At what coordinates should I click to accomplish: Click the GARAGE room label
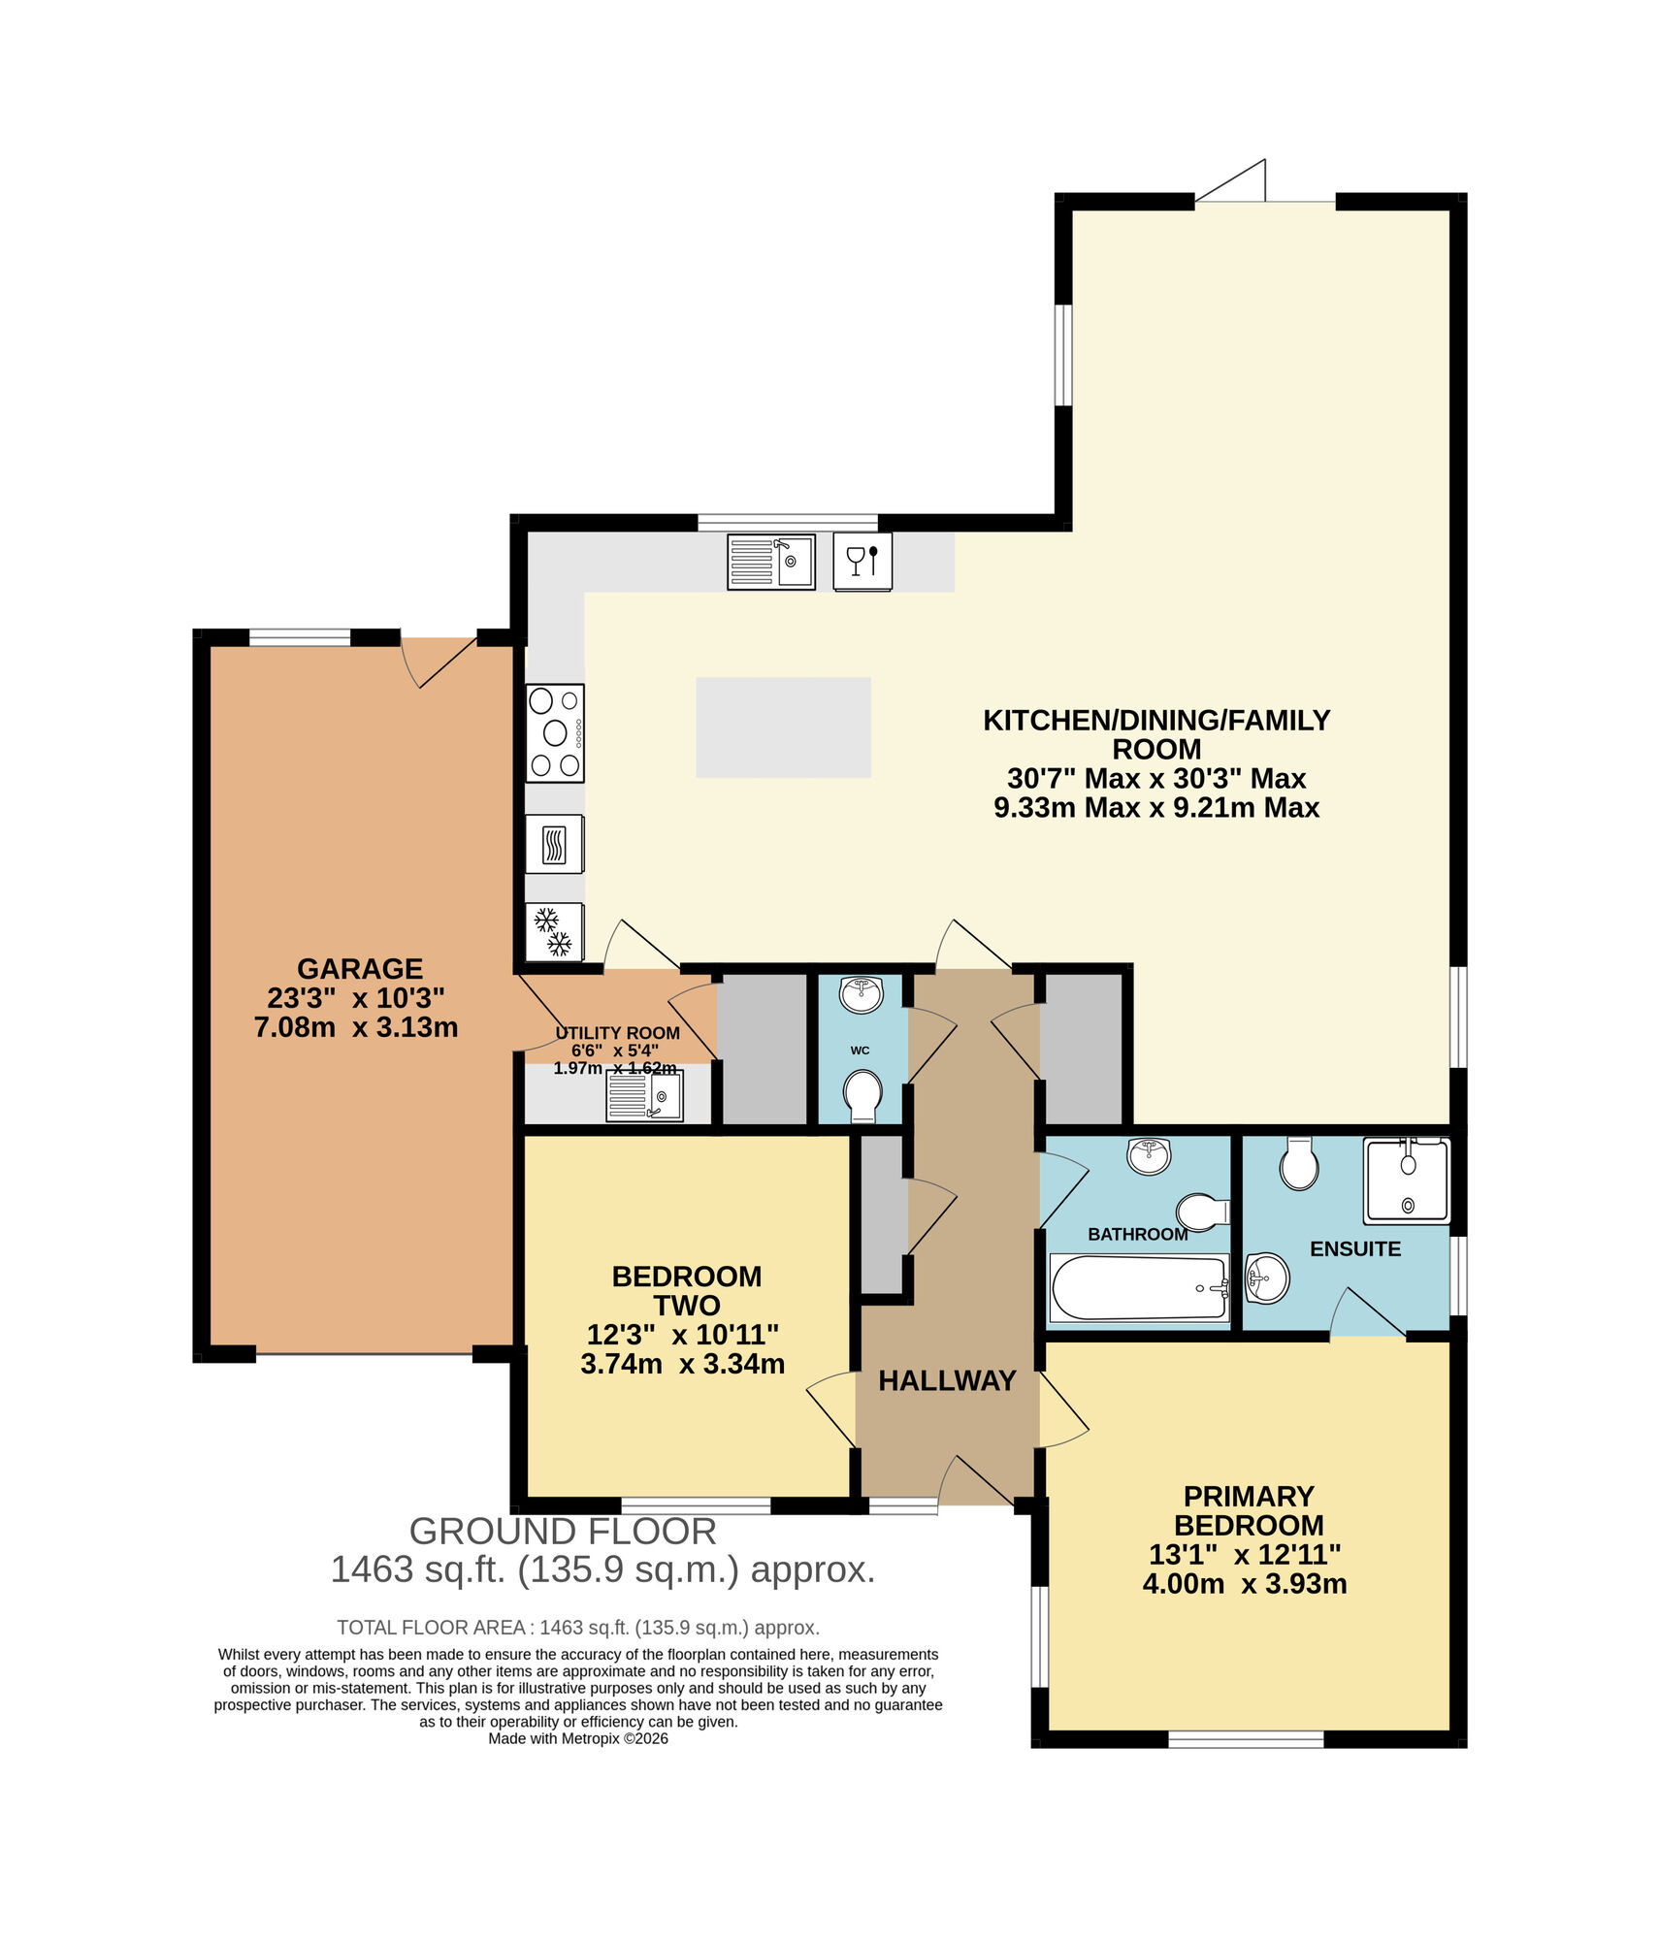click(x=359, y=968)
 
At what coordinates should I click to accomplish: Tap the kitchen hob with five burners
click(x=555, y=732)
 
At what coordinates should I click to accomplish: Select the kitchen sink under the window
click(x=770, y=562)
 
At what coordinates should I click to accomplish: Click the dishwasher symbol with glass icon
click(x=862, y=562)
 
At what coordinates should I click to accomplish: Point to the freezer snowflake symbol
click(x=554, y=931)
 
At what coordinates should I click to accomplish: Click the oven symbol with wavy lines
click(x=554, y=844)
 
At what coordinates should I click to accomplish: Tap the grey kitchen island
click(x=782, y=727)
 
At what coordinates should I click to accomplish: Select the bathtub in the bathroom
click(x=1139, y=1288)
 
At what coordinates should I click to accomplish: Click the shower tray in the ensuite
click(x=1406, y=1180)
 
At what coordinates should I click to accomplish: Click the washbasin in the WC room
click(x=861, y=994)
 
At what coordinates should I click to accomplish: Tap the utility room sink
click(x=644, y=1096)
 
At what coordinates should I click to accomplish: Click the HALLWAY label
click(x=946, y=1380)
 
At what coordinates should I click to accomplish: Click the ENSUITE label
click(x=1354, y=1249)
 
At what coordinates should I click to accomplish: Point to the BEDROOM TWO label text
click(x=686, y=1290)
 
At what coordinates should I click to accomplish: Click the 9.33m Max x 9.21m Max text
click(x=1155, y=807)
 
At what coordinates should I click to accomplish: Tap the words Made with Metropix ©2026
click(x=577, y=1738)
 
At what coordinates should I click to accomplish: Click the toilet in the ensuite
click(x=1298, y=1163)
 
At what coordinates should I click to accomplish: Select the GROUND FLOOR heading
click(x=562, y=1531)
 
